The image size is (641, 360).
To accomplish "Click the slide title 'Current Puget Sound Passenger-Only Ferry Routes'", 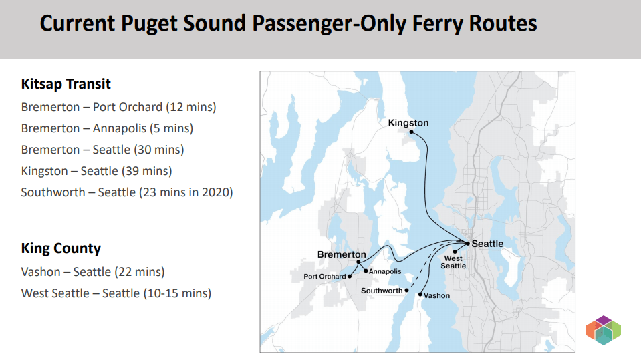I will pos(288,24).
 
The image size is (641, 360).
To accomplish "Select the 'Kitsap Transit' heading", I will pos(66,84).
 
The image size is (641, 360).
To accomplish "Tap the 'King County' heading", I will pos(61,248).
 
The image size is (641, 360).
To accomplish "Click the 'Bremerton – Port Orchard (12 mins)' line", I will pos(118,107).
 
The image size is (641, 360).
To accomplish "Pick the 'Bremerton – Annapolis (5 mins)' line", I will pos(107,128).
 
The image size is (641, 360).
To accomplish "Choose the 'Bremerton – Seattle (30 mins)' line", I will pos(102,150).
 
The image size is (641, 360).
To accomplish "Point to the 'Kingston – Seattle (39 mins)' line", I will pos(96,171).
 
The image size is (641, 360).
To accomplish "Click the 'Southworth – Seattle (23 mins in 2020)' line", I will pos(126,192).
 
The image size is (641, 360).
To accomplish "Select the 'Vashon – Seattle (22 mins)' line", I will pos(92,272).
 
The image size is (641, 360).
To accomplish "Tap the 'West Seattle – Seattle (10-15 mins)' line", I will pos(116,293).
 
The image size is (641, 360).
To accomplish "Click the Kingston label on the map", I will pos(408,123).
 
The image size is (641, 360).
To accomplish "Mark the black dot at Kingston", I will pos(411,132).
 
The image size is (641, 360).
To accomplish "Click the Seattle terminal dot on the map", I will pos(468,243).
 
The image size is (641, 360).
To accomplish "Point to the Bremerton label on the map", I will pos(342,254).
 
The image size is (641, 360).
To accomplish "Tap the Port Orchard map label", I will pos(325,277).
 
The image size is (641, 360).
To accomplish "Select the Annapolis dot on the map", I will pos(366,271).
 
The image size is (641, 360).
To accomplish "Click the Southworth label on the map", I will pos(382,291).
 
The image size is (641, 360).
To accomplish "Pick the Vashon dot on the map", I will pos(420,294).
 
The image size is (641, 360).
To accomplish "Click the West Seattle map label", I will pos(453,262).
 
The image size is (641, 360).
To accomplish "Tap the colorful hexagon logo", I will pos(604,330).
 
